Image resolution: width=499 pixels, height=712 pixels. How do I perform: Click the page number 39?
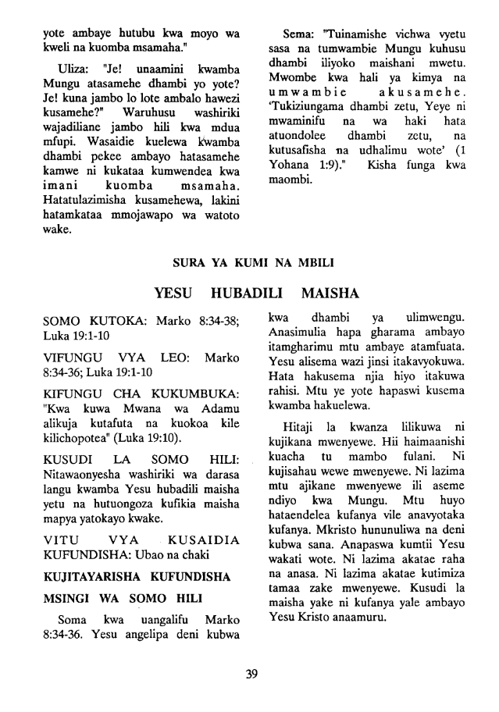click(x=250, y=675)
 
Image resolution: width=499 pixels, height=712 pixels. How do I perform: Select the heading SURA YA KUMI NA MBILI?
click(x=249, y=263)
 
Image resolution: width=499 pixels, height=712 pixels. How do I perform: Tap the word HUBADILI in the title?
click(x=248, y=294)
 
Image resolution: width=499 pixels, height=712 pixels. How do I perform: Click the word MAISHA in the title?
click(x=328, y=294)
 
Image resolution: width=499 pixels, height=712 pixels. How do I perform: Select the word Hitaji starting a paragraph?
click(x=299, y=405)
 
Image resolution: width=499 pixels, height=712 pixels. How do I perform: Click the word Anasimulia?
click(x=299, y=333)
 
